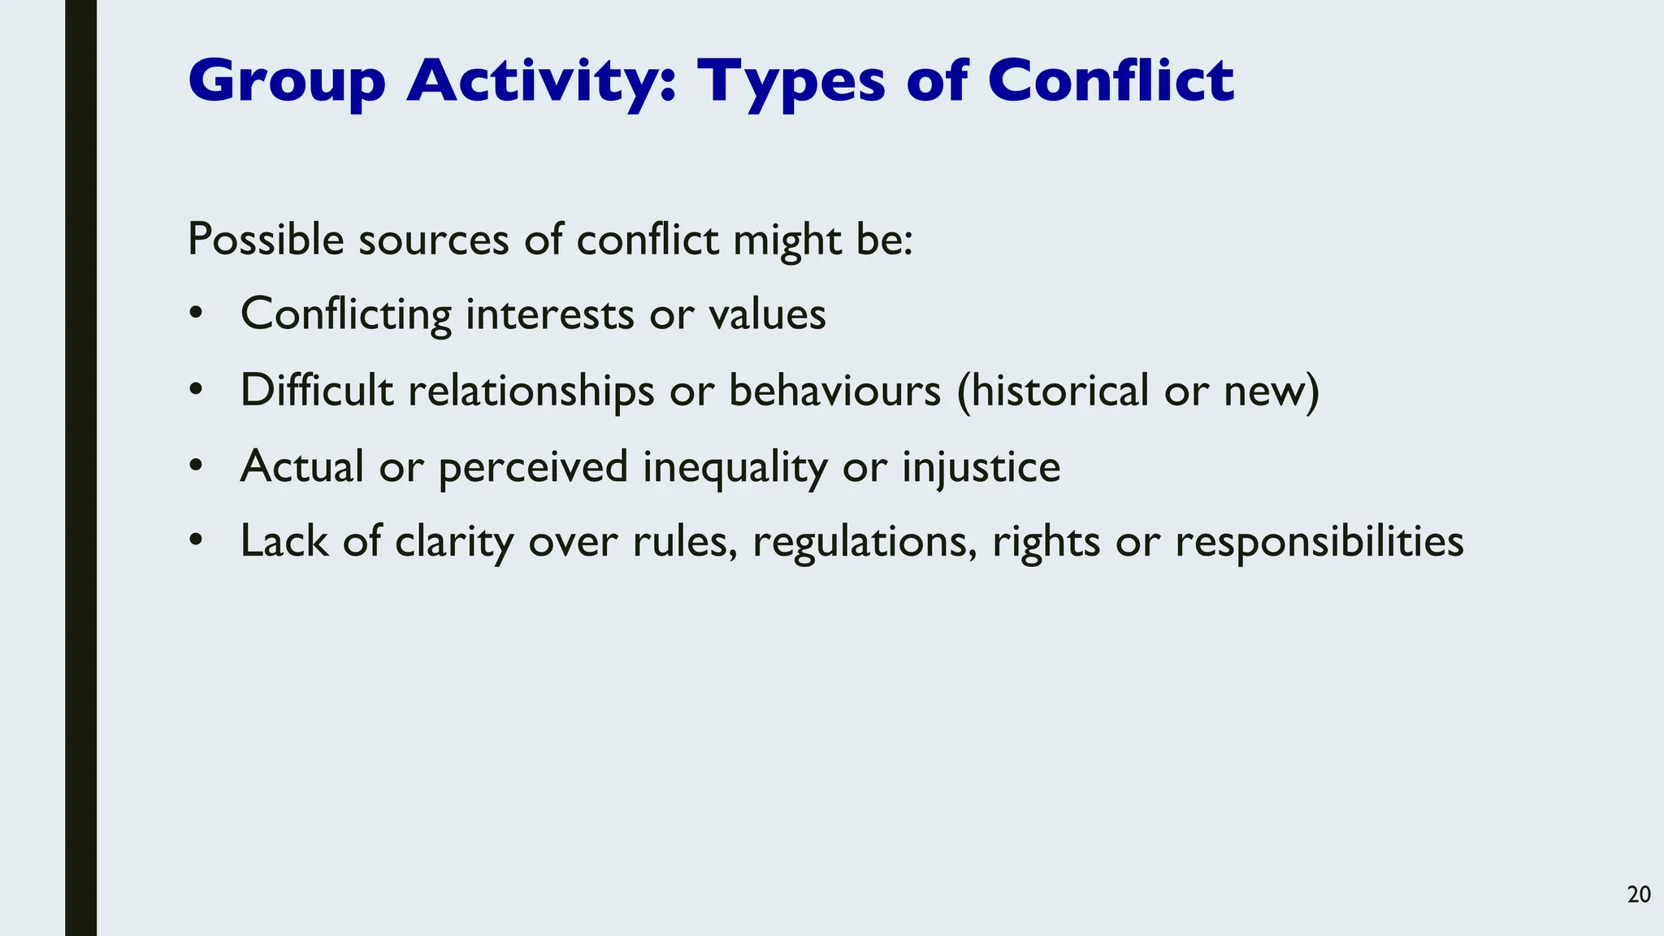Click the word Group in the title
[286, 81]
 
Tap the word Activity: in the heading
[541, 81]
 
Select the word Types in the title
[791, 81]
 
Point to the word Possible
[266, 240]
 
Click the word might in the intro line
[786, 240]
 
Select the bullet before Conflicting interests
[195, 314]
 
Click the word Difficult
[316, 390]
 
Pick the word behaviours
[834, 390]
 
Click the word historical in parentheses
[1052, 390]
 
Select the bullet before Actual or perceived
[195, 466]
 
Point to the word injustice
[981, 466]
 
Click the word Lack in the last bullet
[284, 541]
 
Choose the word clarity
[454, 541]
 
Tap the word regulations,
[864, 541]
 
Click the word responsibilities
[1319, 541]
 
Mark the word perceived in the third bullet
[533, 466]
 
